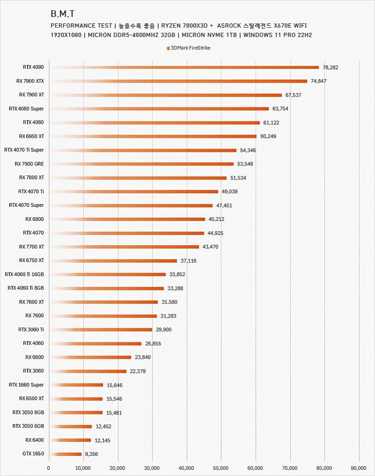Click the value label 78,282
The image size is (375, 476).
[x=330, y=68]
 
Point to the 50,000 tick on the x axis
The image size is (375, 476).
[x=221, y=468]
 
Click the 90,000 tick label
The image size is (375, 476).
[x=359, y=468]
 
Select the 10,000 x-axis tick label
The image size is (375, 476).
[x=83, y=468]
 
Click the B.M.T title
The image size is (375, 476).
[x=62, y=14]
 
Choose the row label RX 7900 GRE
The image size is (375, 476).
[x=29, y=164]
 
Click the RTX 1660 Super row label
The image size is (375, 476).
[x=26, y=385]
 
